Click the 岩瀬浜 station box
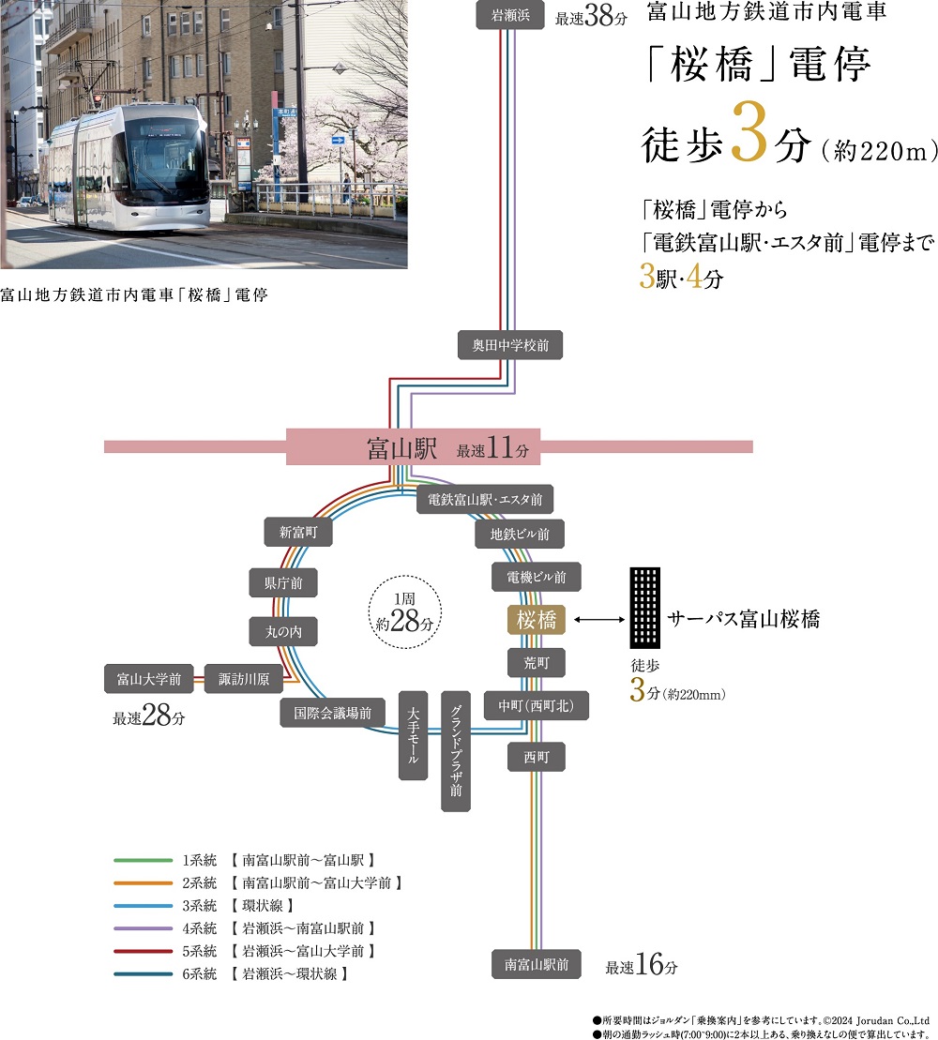[x=510, y=15]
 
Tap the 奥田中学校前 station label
[x=510, y=345]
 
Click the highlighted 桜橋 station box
[x=536, y=620]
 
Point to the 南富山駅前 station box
[x=536, y=963]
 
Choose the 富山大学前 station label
[x=149, y=679]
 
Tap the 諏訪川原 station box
[x=244, y=679]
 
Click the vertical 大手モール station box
[x=414, y=735]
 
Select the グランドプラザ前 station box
[x=455, y=751]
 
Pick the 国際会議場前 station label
[x=333, y=714]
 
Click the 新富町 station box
[x=298, y=532]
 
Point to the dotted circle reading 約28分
[x=401, y=614]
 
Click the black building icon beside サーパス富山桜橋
[x=645, y=608]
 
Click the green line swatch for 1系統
[x=141, y=860]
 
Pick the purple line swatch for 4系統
[x=141, y=928]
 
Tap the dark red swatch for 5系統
[x=141, y=951]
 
